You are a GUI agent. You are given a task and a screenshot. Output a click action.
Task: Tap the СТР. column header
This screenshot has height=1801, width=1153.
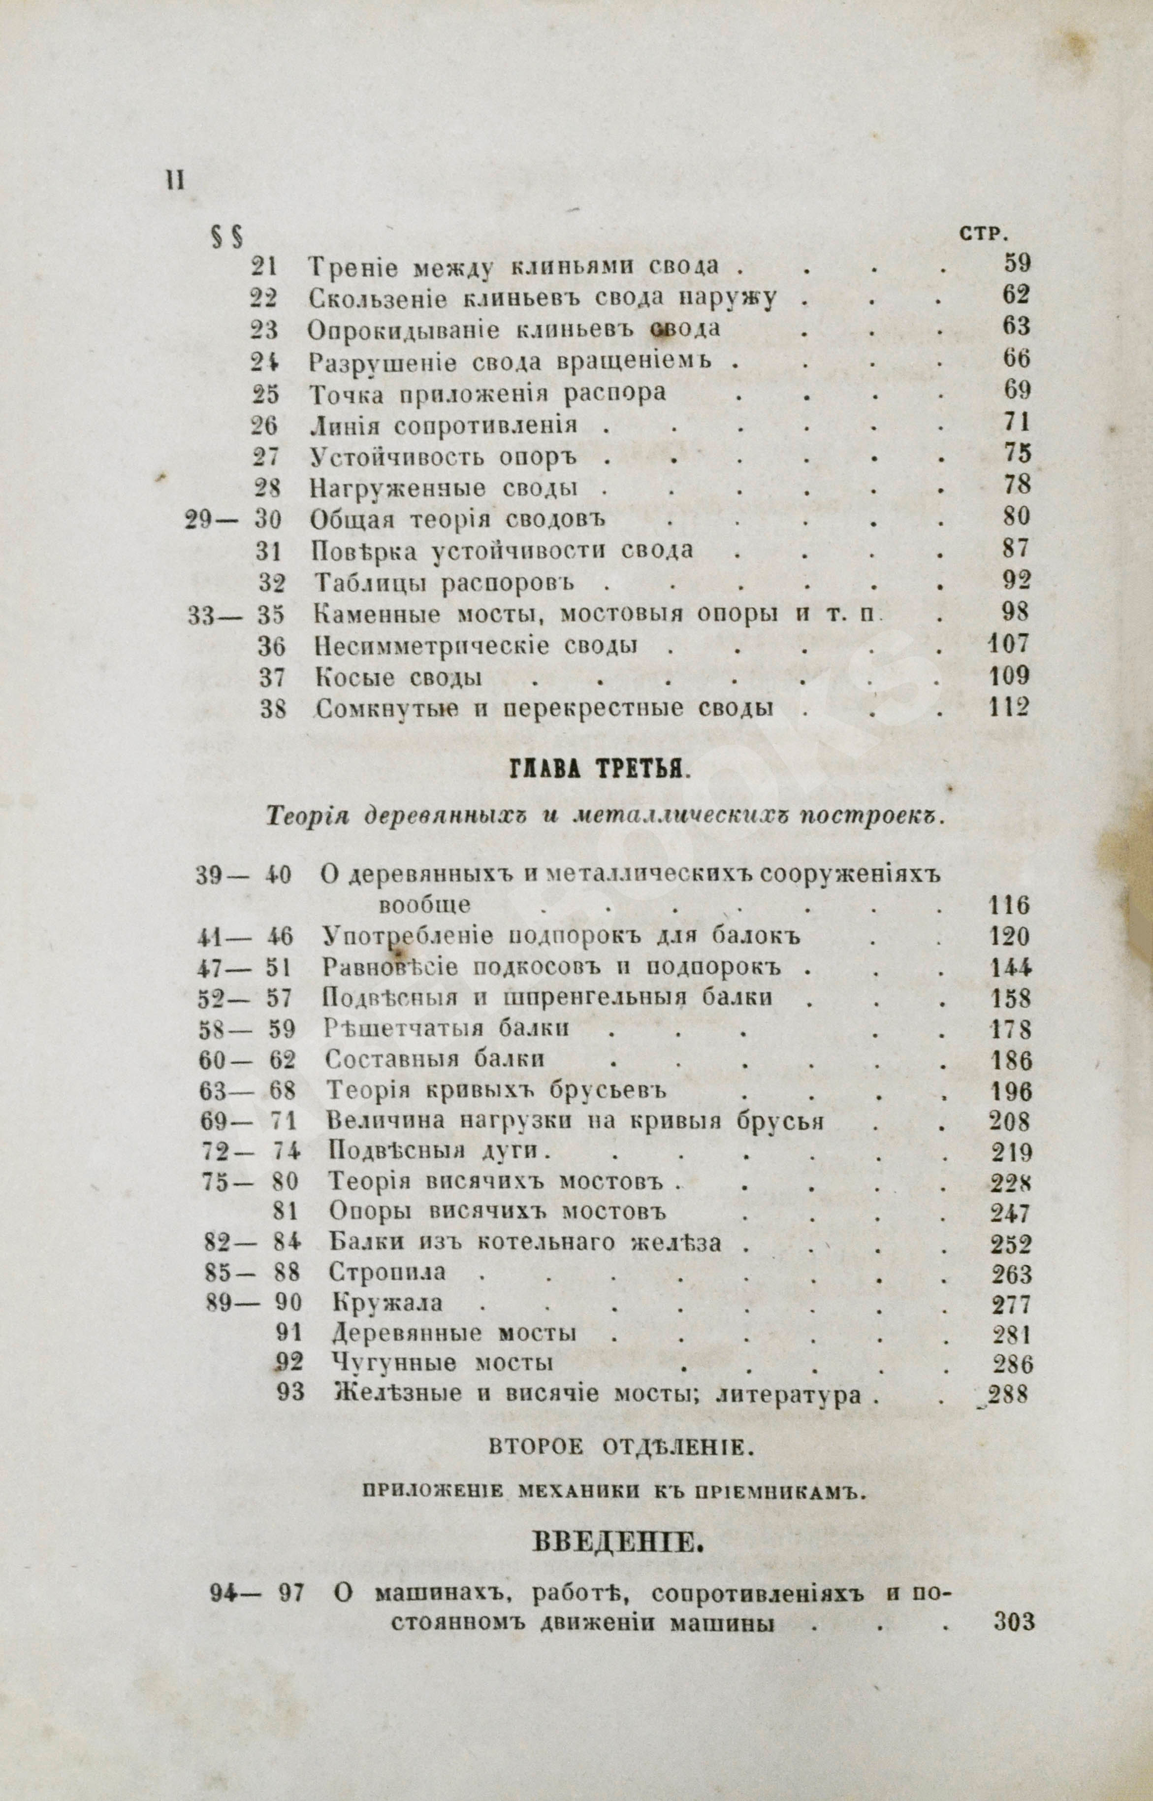click(982, 235)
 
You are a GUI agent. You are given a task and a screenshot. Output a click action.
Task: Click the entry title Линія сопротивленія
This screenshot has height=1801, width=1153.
click(443, 426)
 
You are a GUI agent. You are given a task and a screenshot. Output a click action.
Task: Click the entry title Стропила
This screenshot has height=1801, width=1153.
click(388, 1272)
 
